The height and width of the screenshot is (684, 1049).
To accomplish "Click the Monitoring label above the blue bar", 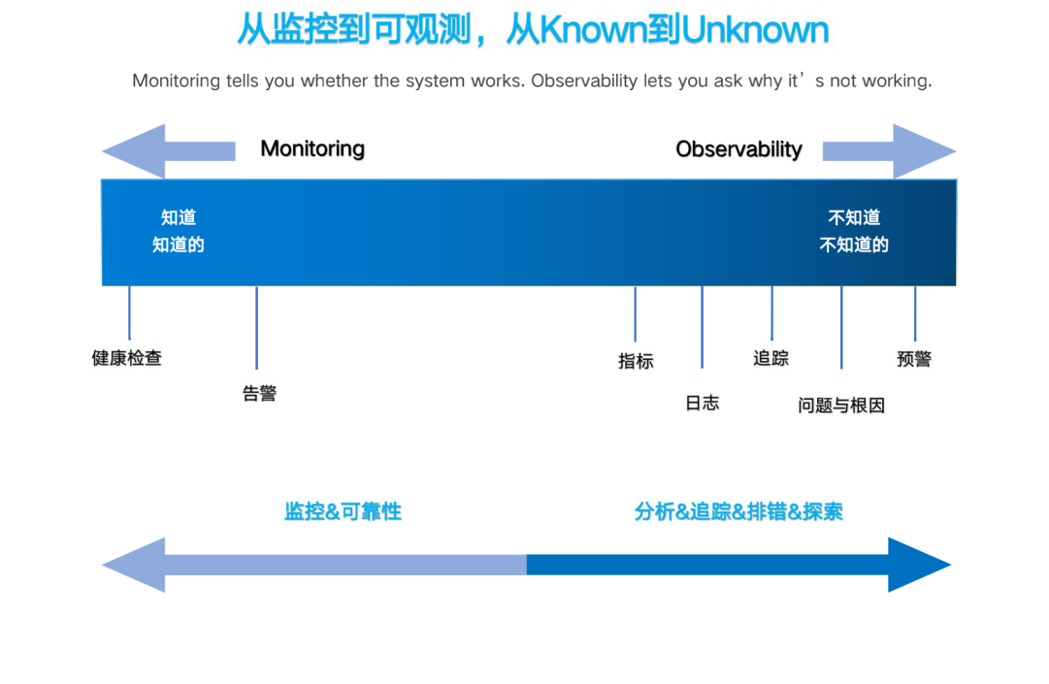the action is (x=312, y=148).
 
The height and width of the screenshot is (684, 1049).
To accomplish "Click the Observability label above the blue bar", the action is (x=738, y=149).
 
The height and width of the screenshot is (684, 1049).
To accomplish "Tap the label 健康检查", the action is (x=127, y=358).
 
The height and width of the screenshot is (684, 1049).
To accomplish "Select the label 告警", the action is (x=259, y=393).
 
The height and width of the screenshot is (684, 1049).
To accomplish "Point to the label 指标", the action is (x=636, y=362).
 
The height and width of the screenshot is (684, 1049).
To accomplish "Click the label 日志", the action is (x=703, y=404).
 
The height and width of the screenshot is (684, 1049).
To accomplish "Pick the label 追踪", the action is (x=771, y=358).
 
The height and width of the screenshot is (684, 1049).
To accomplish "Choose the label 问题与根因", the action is (x=841, y=406).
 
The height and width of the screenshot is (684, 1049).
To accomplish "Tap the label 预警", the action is (x=914, y=359).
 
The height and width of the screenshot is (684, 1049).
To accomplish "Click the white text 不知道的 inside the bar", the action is (x=854, y=244).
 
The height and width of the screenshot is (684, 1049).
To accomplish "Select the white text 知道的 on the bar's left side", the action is (x=178, y=244).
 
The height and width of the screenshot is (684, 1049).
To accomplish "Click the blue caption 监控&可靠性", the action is (x=344, y=511).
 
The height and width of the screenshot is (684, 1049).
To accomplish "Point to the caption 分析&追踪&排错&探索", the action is (x=738, y=511).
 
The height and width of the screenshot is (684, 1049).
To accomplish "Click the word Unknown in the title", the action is (x=755, y=29).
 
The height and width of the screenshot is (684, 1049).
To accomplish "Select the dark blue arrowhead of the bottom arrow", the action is (x=919, y=565).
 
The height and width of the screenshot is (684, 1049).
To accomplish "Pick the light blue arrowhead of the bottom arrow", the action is (x=134, y=565).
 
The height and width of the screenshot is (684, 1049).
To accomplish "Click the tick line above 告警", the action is (x=257, y=328).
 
